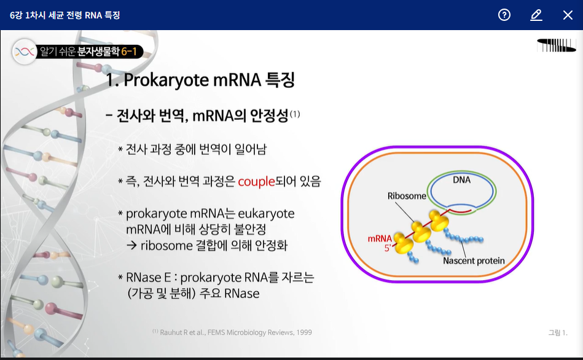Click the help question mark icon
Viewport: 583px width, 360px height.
coord(504,15)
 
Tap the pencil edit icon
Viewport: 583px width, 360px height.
coord(536,15)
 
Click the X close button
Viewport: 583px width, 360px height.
coord(568,15)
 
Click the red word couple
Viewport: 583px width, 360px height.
coord(256,182)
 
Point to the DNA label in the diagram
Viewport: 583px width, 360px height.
coord(461,180)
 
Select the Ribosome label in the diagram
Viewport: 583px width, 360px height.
coord(407,196)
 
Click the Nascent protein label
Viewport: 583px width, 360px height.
coord(474,260)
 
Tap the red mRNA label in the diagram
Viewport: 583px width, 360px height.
coord(380,239)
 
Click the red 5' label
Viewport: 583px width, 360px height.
coord(388,248)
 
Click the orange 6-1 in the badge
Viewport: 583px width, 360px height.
coord(129,52)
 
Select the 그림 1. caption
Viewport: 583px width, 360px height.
coord(558,332)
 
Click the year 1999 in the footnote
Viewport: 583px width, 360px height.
coord(303,332)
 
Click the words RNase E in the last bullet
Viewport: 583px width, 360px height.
coord(148,278)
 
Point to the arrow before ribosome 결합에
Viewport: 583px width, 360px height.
coord(131,246)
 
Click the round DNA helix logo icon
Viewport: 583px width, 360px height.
coord(25,52)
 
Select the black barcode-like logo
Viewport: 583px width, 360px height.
coord(556,45)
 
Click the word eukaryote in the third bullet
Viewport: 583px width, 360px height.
coord(266,214)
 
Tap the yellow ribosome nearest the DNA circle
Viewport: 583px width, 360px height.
coord(439,220)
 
